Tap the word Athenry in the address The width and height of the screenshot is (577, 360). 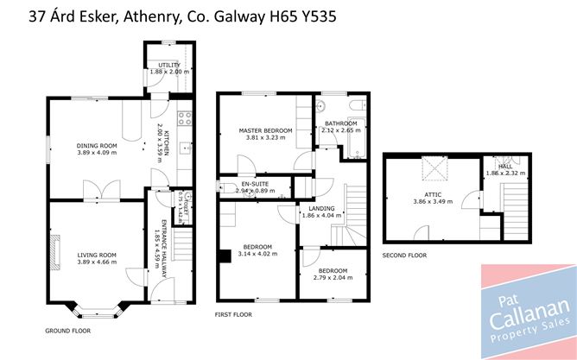136,15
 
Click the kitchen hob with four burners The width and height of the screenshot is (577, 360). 183,117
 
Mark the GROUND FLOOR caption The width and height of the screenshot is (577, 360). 67,331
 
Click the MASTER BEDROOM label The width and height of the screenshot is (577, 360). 265,130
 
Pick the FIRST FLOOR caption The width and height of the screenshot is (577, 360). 233,315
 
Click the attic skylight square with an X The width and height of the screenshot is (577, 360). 429,167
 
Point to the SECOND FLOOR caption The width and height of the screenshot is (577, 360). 405,256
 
